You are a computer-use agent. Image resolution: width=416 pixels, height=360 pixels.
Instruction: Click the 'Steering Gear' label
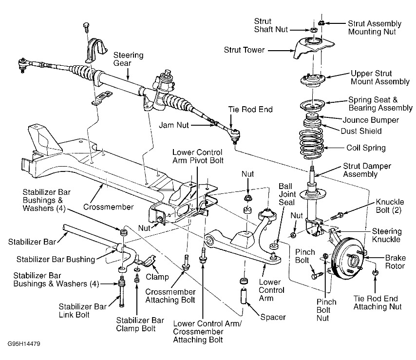pyautogui.click(x=129, y=59)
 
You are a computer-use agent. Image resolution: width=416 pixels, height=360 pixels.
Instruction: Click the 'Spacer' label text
pyautogui.click(x=272, y=318)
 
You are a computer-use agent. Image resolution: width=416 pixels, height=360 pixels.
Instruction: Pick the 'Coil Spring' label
pyautogui.click(x=365, y=148)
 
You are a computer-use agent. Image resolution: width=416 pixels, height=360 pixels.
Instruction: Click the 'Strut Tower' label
pyautogui.click(x=245, y=49)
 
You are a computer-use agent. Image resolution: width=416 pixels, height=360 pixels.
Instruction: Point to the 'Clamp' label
pyautogui.click(x=157, y=277)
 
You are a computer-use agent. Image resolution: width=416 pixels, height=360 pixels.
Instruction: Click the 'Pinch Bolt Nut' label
pyautogui.click(x=326, y=310)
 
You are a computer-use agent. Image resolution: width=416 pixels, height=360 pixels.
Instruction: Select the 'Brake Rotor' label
pyautogui.click(x=395, y=262)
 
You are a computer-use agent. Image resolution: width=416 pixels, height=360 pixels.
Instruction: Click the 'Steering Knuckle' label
pyautogui.click(x=386, y=236)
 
